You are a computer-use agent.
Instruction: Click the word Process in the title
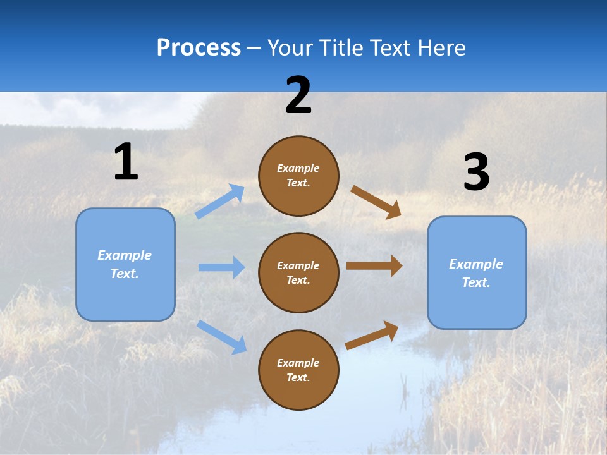click(199, 48)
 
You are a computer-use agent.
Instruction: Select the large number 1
click(126, 162)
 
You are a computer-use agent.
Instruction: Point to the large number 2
click(298, 95)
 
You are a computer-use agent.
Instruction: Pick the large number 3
click(476, 173)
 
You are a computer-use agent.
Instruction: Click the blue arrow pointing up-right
click(220, 202)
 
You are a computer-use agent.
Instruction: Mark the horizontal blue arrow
click(221, 267)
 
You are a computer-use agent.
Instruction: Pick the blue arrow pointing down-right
click(221, 336)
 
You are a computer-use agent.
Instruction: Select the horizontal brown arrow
click(374, 265)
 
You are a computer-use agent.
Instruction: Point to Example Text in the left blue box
click(125, 264)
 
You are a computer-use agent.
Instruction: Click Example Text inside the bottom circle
click(298, 370)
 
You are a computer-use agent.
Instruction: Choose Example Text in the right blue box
click(476, 273)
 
